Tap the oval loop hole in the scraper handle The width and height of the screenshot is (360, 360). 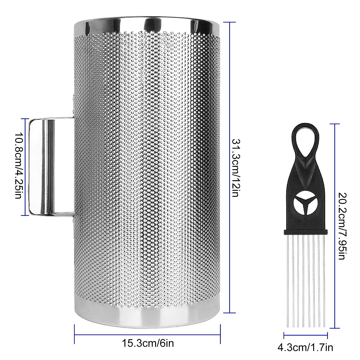click(305, 139)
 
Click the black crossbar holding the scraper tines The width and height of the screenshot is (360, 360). click(305, 232)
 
